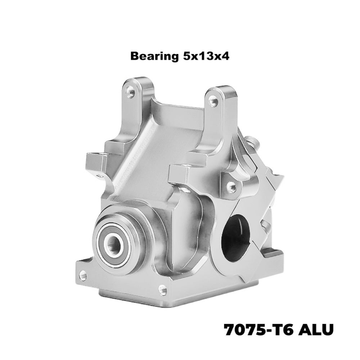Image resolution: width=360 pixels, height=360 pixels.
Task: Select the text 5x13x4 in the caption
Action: coord(206,56)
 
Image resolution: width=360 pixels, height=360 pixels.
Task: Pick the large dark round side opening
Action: coord(235,238)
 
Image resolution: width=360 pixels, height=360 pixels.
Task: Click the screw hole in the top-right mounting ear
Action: coord(213,101)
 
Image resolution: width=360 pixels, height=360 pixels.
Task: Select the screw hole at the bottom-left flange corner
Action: coord(83,275)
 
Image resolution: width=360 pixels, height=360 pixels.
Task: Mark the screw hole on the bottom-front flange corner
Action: coord(163,289)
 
